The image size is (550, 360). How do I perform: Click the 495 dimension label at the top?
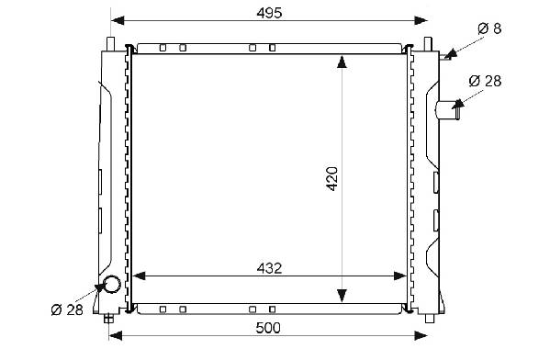coord(269,13)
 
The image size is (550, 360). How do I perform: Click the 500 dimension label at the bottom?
coord(268,328)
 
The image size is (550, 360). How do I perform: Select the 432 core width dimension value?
coord(269,268)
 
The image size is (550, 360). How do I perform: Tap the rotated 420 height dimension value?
coord(331,178)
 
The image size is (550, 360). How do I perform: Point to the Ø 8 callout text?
coord(489,28)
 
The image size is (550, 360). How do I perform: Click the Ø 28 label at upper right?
coord(485,81)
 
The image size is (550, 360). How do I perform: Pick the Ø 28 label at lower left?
coord(67,309)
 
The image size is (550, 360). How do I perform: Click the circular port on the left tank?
coord(112,284)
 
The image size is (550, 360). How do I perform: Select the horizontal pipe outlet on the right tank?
coord(448,110)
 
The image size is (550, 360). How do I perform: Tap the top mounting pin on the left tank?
coord(110,44)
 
